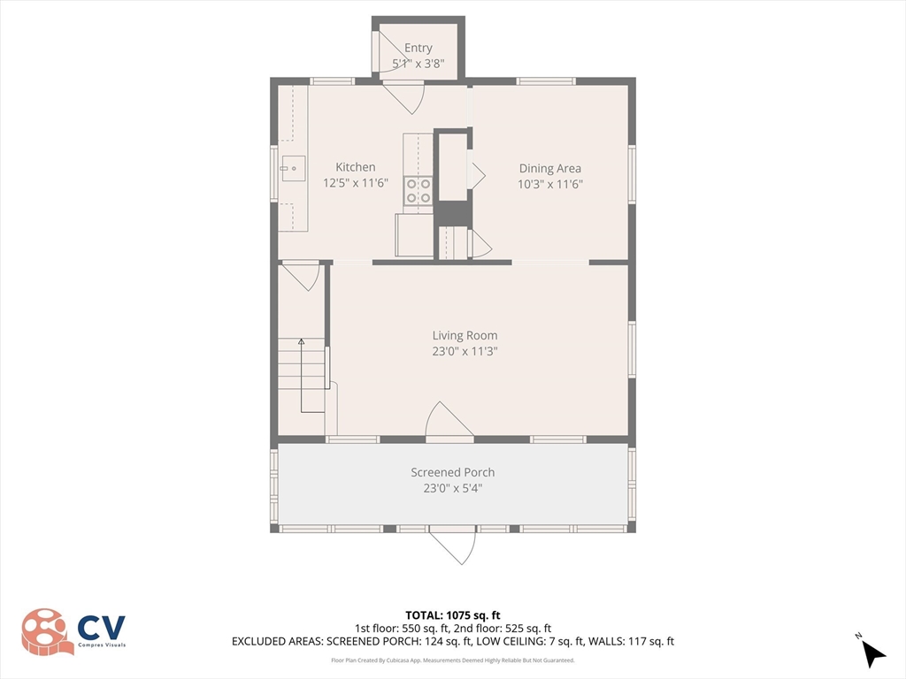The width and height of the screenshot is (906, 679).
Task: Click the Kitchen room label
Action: pyautogui.click(x=356, y=167)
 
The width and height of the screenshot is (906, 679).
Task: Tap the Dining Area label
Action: pyautogui.click(x=550, y=169)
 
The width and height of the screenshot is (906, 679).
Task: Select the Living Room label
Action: pyautogui.click(x=465, y=335)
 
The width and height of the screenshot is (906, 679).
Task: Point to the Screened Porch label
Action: pyautogui.click(x=452, y=472)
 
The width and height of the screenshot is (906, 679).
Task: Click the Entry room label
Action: pyautogui.click(x=418, y=49)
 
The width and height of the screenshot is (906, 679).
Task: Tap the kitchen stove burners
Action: pyautogui.click(x=418, y=191)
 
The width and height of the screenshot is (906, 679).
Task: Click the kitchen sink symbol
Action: pyautogui.click(x=293, y=169)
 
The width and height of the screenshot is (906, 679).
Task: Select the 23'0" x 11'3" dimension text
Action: pyautogui.click(x=465, y=351)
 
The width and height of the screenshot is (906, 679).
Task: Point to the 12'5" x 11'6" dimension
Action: pyautogui.click(x=356, y=183)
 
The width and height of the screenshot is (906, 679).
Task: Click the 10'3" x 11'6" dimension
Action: pyautogui.click(x=550, y=184)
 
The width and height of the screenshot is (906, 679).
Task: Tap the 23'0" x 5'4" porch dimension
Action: pyautogui.click(x=452, y=488)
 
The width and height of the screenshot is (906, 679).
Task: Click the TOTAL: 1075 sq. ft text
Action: pyautogui.click(x=452, y=615)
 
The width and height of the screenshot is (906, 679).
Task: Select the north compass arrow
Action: pyautogui.click(x=873, y=654)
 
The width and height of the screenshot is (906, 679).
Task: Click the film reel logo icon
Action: pyautogui.click(x=46, y=631)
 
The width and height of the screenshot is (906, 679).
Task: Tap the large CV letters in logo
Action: pyautogui.click(x=102, y=628)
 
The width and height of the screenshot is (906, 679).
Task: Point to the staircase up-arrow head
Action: pyautogui.click(x=301, y=342)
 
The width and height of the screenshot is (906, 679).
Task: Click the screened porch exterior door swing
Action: pyautogui.click(x=454, y=545)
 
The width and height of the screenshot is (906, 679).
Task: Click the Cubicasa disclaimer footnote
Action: pyautogui.click(x=452, y=660)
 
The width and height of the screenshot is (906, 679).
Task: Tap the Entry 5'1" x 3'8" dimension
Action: pyautogui.click(x=418, y=64)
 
